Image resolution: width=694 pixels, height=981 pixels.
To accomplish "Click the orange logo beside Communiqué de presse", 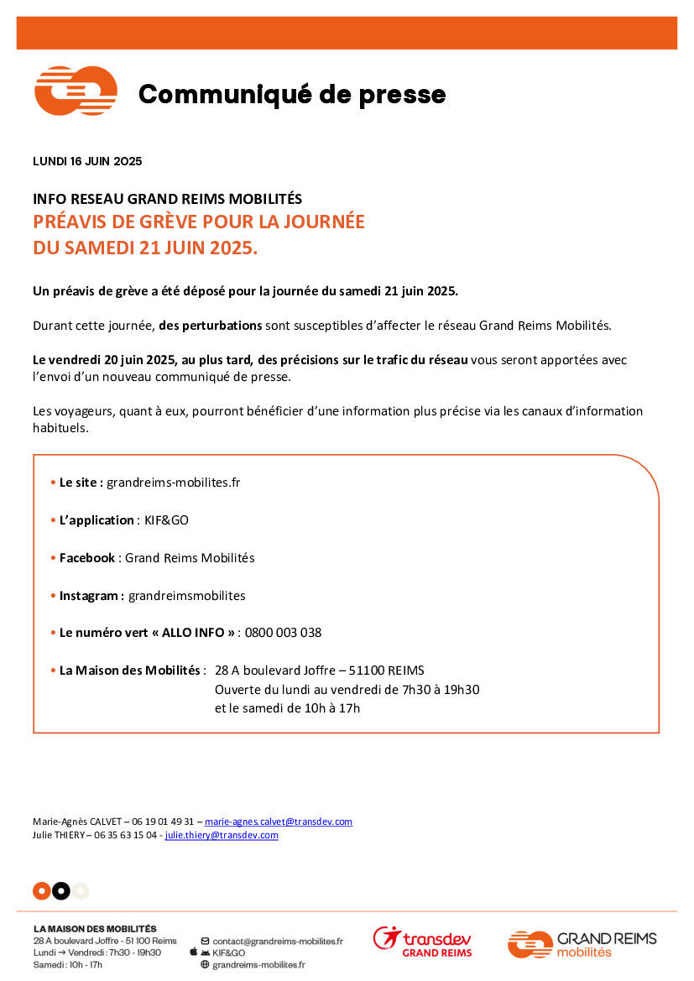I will point(75,91).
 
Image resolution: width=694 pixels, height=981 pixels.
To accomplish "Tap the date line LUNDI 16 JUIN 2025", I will point(87,162).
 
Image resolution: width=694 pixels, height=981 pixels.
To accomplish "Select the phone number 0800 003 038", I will point(283,633).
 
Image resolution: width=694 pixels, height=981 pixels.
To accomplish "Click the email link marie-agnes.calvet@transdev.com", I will point(279,822).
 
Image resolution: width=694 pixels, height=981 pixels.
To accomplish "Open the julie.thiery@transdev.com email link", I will point(222,835).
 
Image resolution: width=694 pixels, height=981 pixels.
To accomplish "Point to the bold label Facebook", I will point(87,558).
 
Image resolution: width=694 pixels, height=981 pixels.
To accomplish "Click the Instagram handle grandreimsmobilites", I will point(186,596).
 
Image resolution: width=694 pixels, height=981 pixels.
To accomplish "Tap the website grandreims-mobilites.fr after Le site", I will point(173,483).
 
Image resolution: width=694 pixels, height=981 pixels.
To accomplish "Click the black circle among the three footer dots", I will point(60,891).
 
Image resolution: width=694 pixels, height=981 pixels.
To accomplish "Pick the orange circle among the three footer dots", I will point(41,891).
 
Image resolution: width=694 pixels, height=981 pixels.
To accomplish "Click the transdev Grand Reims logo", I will point(422,942).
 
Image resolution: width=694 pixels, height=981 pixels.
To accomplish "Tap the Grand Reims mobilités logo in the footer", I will point(582,944).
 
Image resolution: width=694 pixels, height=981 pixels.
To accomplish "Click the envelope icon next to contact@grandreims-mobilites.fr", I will point(205,942).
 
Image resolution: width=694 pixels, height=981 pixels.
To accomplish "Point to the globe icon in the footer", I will point(205,965).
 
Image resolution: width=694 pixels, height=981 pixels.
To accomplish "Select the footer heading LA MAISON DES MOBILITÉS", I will point(95,929).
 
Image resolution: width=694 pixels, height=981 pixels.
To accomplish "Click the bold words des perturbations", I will point(211,325).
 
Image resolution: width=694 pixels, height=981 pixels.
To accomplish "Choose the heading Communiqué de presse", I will point(292,95).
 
